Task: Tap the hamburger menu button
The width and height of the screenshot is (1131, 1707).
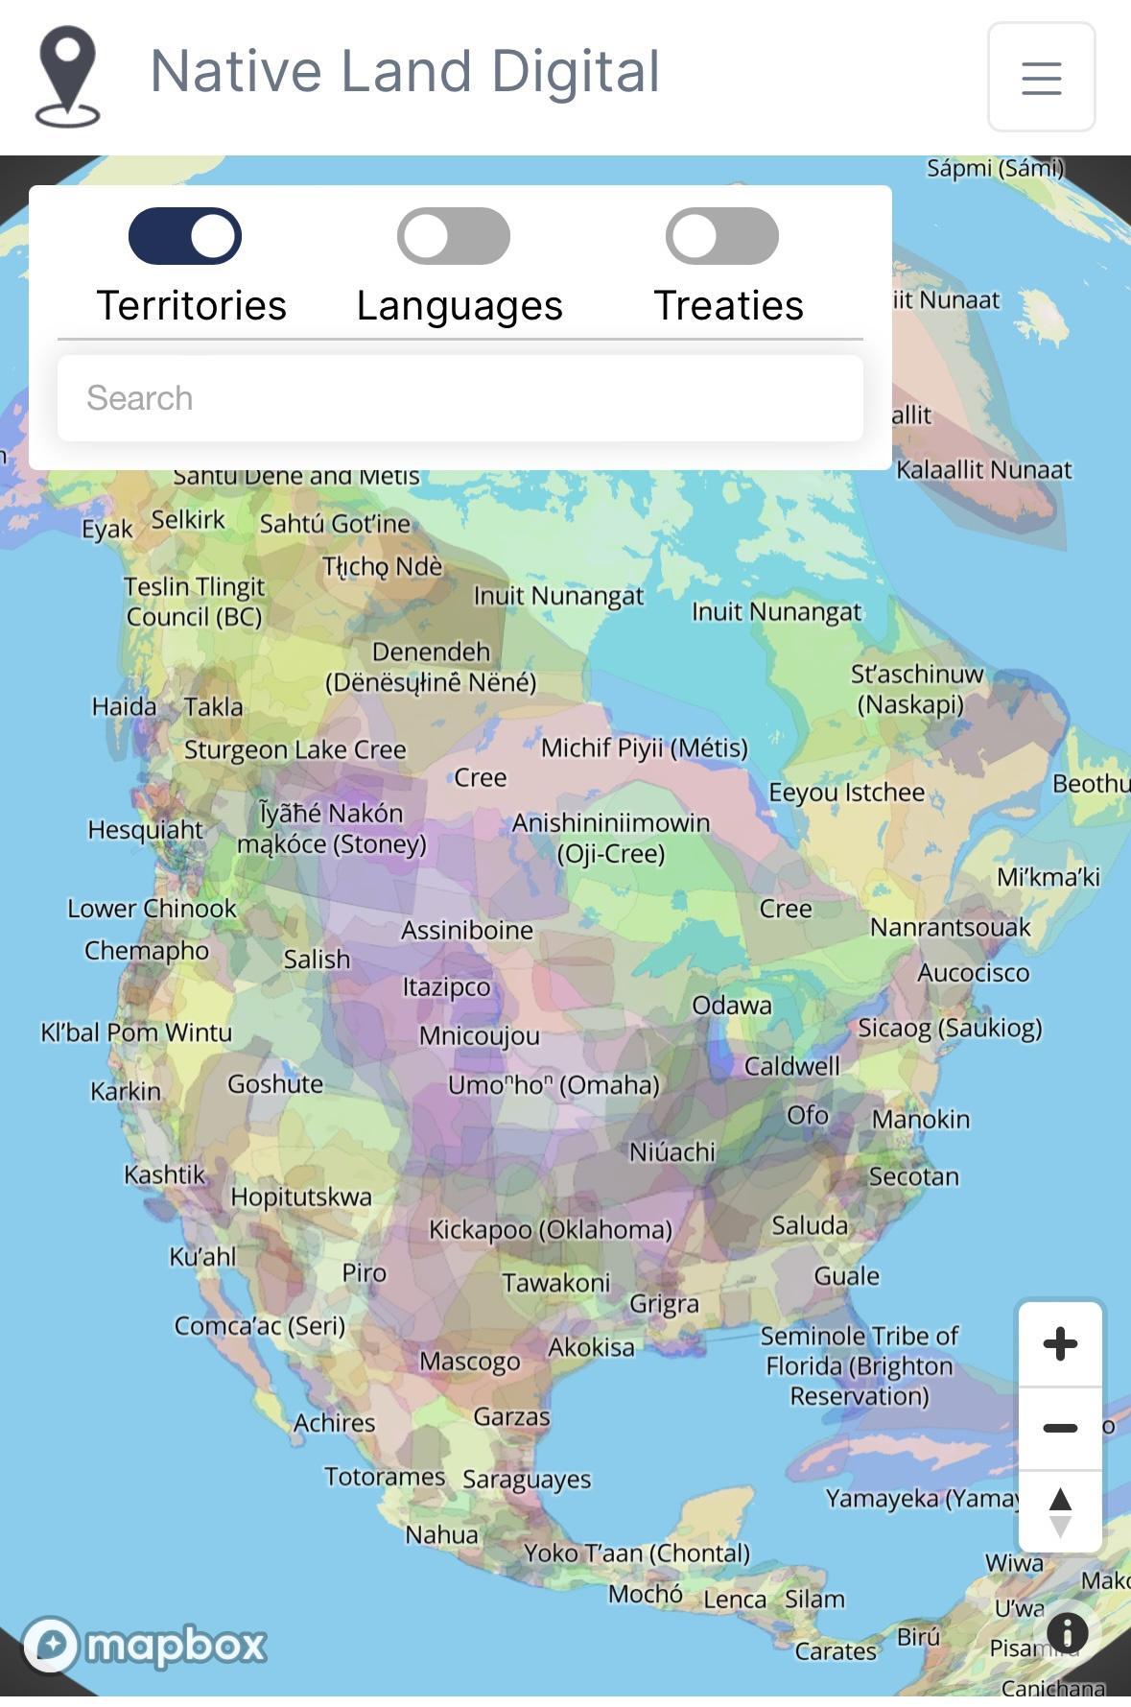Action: (1041, 78)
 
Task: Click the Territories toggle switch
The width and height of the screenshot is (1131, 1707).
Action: (185, 236)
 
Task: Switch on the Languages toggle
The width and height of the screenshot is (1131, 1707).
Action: (454, 236)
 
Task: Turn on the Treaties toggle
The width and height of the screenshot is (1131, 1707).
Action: (722, 236)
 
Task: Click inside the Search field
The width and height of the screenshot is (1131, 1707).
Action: (459, 398)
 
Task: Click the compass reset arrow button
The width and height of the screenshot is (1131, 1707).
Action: (1060, 1511)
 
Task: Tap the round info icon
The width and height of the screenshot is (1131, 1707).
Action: (1067, 1631)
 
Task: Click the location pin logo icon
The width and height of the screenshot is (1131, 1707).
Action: (67, 77)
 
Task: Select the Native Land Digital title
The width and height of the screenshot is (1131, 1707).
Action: (405, 72)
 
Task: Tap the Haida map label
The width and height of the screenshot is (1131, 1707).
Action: (124, 707)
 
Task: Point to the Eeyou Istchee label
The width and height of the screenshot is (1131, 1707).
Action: (846, 793)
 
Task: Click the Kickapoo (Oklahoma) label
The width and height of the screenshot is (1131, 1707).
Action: (550, 1229)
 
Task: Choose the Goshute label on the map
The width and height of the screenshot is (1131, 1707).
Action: (275, 1084)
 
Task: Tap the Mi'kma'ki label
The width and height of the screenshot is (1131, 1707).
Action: (1049, 877)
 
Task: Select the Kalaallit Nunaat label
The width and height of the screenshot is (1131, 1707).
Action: (983, 470)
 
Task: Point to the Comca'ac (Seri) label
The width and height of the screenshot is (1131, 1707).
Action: (259, 1326)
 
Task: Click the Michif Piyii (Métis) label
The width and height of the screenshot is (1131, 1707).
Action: (644, 747)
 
